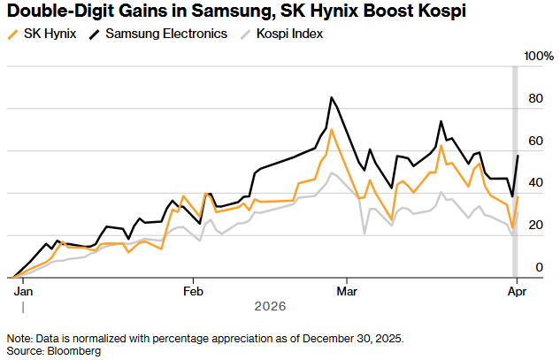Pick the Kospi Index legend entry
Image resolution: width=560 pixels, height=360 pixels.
(x=288, y=34)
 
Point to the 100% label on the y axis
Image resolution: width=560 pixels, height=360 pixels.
(x=538, y=57)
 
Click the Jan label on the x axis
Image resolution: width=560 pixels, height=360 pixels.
(x=23, y=289)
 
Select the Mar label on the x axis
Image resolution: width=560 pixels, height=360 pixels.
(x=347, y=289)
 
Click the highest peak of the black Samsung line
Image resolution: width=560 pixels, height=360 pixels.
(x=331, y=97)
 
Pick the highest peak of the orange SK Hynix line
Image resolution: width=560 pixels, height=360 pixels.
(x=331, y=129)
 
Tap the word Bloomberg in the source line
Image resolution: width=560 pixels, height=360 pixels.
(x=74, y=351)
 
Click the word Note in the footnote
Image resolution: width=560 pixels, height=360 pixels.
(x=17, y=339)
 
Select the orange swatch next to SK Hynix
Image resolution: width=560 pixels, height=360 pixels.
(x=12, y=34)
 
